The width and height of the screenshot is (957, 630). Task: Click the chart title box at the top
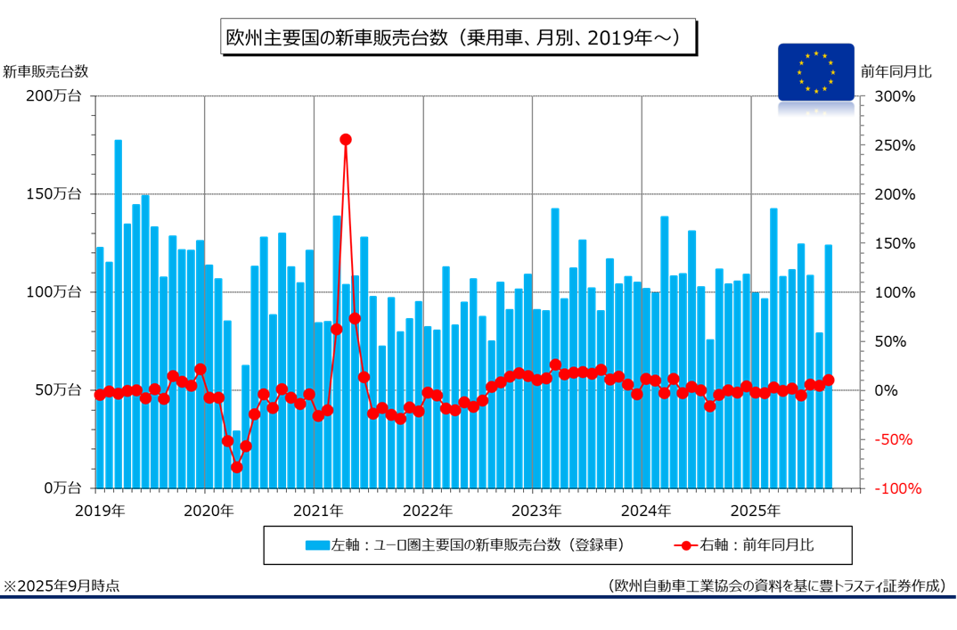tap(456, 38)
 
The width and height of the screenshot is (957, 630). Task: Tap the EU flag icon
tap(815, 71)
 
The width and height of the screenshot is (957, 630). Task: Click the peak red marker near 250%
tap(346, 139)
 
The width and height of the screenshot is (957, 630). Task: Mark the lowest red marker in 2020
tap(237, 467)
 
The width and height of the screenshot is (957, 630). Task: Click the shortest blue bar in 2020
tap(237, 460)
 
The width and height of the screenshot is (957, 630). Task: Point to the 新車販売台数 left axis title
tap(45, 71)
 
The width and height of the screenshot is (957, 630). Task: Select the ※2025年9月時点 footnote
tap(61, 585)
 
